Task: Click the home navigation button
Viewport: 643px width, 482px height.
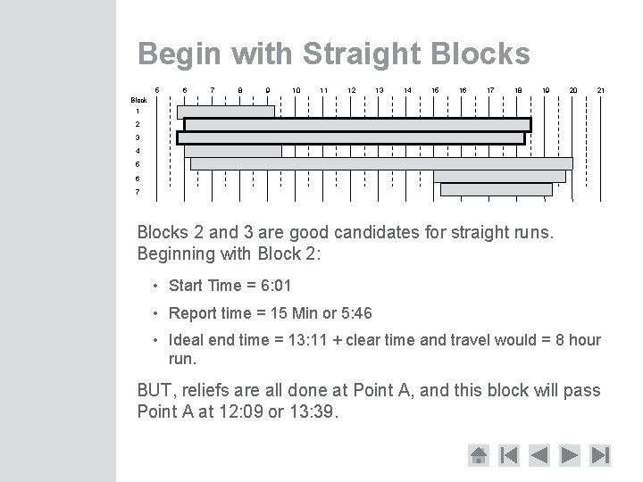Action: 479,455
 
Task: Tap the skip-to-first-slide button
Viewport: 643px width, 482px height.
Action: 508,455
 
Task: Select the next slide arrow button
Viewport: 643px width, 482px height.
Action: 569,455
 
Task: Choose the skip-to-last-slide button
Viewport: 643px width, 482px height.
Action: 600,455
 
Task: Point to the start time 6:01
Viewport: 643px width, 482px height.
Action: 273,287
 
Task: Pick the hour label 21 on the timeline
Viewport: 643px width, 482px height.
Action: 601,90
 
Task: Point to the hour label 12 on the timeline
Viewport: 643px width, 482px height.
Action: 352,90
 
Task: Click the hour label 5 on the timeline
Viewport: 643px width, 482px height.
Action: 157,90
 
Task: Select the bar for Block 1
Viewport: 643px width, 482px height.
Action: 226,112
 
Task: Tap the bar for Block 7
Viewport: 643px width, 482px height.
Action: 497,189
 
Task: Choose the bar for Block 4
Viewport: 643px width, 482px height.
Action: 232,151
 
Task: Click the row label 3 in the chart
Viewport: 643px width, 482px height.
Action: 138,137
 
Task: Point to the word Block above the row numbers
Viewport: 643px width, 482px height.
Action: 139,100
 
